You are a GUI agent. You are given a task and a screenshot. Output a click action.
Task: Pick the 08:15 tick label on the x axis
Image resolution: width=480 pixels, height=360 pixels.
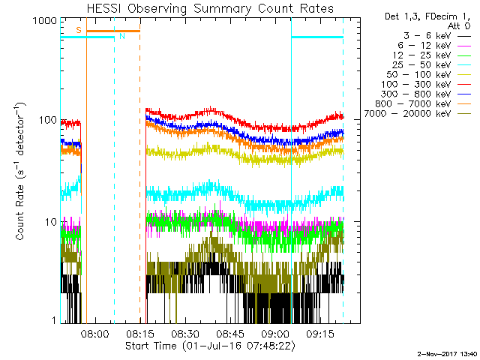pos(139,332)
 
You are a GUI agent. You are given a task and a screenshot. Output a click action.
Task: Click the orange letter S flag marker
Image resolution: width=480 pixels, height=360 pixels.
pos(78,30)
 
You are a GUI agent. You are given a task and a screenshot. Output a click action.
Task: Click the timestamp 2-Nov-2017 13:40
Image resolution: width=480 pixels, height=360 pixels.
pos(447,352)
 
